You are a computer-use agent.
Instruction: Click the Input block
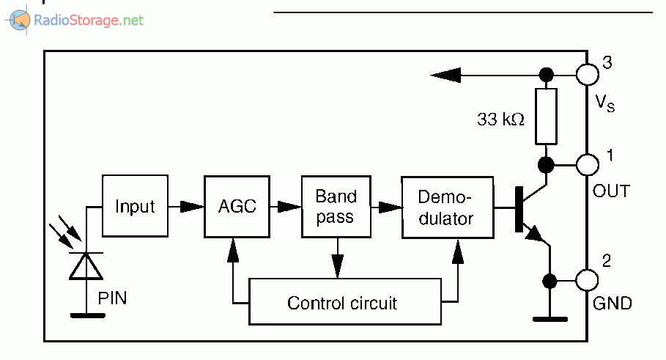(135, 206)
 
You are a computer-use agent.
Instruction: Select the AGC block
(237, 206)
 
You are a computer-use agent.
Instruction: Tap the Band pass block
(336, 206)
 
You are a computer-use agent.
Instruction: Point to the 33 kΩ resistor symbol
(546, 116)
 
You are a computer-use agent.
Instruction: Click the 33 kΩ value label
(500, 120)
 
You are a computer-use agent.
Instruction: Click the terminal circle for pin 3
(588, 74)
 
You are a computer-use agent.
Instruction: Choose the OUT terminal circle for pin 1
(588, 164)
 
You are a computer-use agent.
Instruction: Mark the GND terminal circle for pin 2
(588, 280)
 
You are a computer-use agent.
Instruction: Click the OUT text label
(611, 191)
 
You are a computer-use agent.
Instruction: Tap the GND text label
(611, 303)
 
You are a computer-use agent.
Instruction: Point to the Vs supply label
(604, 103)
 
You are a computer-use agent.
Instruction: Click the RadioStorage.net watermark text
(89, 20)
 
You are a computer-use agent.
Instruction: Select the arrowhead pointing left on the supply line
(445, 74)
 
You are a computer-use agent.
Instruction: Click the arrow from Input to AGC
(189, 207)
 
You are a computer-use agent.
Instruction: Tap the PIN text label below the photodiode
(112, 299)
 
